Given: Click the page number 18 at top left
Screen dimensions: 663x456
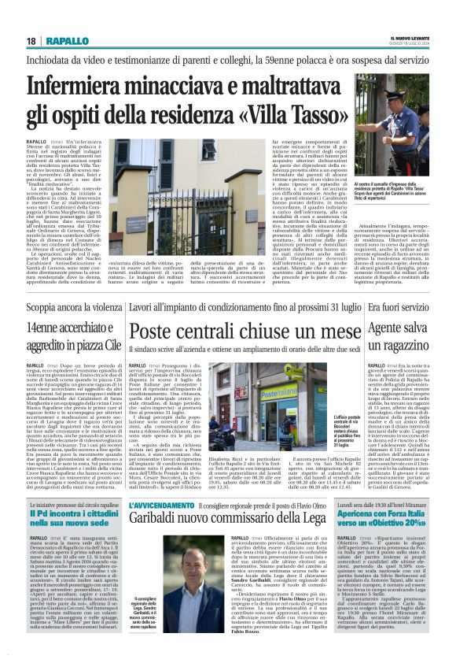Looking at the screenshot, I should coord(31,41).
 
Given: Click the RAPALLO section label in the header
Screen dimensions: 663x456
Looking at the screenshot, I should coord(67,41).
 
